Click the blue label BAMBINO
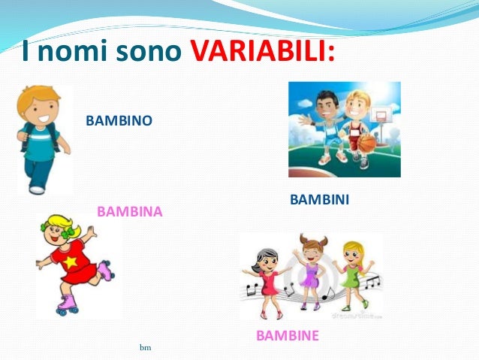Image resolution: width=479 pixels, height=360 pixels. tap(119, 120)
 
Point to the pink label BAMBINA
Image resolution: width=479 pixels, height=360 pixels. tap(129, 212)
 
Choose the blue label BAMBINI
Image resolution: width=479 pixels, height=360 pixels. tap(319, 201)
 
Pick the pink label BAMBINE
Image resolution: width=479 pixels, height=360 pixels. tap(287, 335)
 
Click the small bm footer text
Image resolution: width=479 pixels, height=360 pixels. tap(146, 348)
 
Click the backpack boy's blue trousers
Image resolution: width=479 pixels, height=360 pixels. tap(38, 171)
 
